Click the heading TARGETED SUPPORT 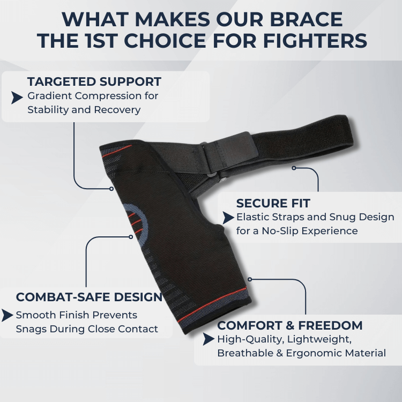pyautogui.click(x=94, y=82)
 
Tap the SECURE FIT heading pyautogui.click(x=273, y=204)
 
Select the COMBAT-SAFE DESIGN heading pyautogui.click(x=89, y=297)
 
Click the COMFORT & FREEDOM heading pyautogui.click(x=290, y=325)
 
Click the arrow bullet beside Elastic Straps pyautogui.click(x=227, y=218)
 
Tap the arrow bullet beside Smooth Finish pyautogui.click(x=7, y=315)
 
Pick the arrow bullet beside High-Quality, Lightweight pyautogui.click(x=209, y=339)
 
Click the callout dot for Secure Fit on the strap pyautogui.click(x=294, y=168)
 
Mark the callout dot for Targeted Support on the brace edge pyautogui.click(x=111, y=189)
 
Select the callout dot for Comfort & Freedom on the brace pyautogui.click(x=250, y=279)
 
